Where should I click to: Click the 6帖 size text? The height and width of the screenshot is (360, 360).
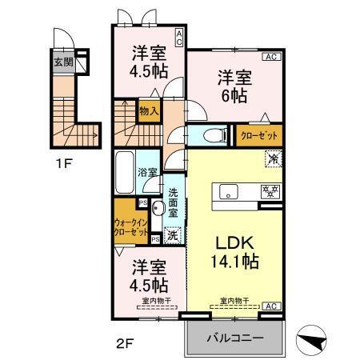pos(235,97)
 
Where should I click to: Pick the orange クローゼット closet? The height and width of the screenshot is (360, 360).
pos(258,134)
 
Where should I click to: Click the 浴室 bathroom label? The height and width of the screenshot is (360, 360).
pos(147,171)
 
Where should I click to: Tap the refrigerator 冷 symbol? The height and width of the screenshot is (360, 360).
pos(274,160)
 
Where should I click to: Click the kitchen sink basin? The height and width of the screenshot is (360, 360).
pos(227,192)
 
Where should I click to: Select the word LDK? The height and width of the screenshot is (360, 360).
pos(232,242)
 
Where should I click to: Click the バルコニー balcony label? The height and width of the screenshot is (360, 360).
pos(237,338)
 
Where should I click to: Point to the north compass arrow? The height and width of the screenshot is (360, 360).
pos(314,338)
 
